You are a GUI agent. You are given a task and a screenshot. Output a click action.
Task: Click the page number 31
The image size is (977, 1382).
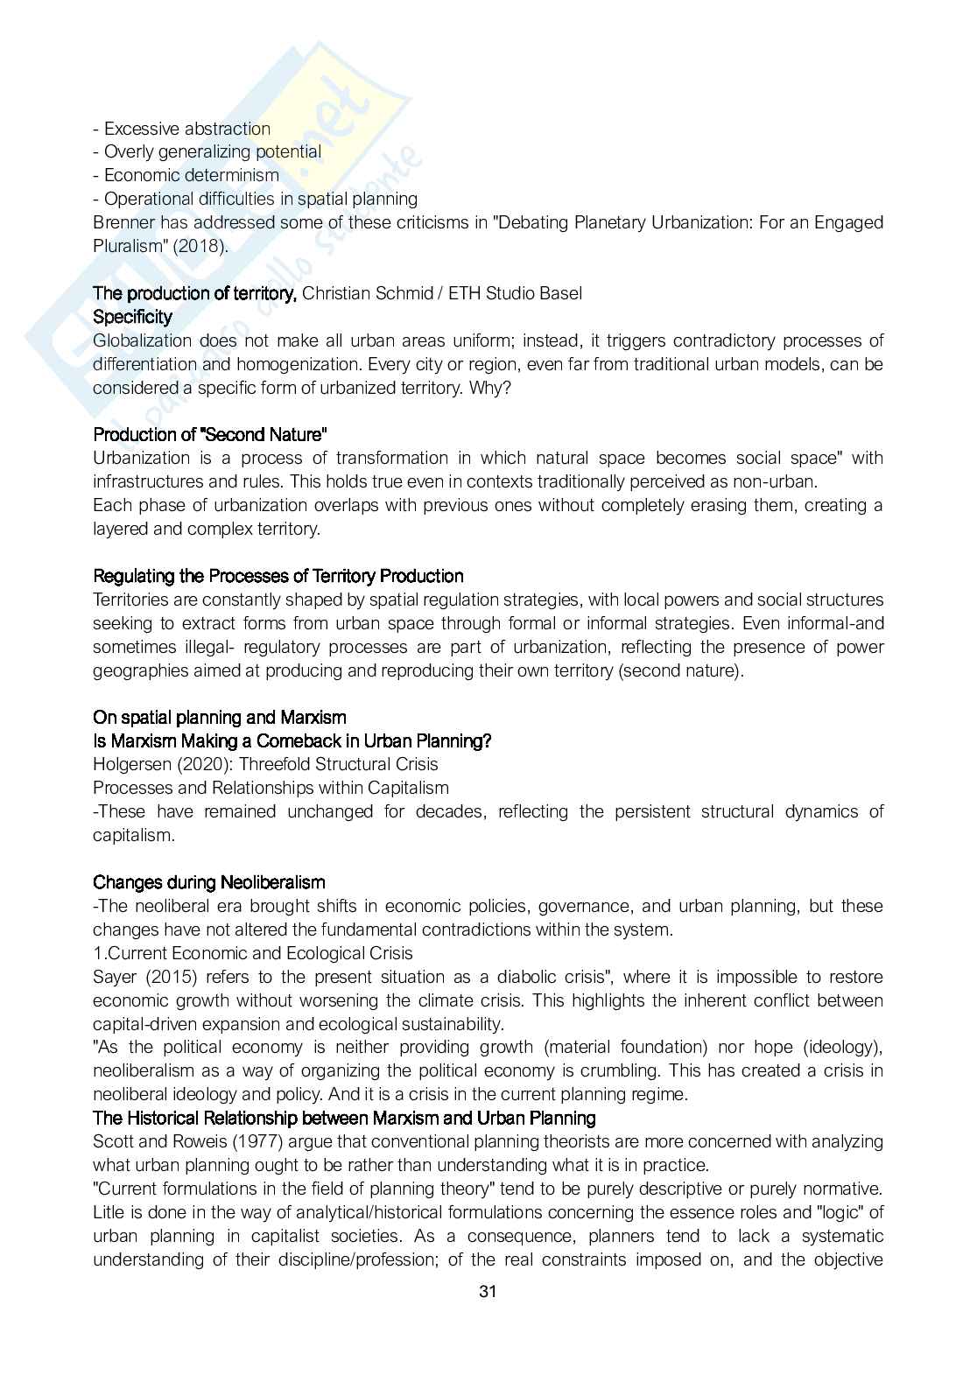coord(488,1291)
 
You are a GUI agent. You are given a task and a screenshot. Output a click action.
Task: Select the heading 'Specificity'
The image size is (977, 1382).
coord(132,317)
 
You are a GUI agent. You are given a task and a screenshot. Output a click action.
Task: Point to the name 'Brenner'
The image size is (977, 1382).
coord(123,222)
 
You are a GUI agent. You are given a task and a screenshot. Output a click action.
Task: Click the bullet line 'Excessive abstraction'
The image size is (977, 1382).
coord(182,129)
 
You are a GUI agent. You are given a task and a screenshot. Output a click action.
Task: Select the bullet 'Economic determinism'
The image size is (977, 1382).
coord(186,175)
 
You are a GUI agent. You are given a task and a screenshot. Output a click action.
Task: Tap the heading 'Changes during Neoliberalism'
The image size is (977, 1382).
coord(208,882)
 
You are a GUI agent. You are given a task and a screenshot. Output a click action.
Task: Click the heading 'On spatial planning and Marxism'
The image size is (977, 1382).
coord(219,718)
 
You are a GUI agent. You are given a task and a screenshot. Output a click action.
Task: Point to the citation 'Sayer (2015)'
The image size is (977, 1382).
coord(142,977)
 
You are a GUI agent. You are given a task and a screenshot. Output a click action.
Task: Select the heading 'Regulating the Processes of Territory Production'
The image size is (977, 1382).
coord(278,576)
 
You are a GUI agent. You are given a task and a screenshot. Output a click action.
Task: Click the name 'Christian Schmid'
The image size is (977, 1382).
coord(368,293)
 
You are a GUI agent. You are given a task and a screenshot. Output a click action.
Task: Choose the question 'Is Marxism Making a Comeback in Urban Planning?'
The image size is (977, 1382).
coord(292,741)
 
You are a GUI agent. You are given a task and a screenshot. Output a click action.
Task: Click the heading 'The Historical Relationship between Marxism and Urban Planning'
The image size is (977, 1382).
coord(344,1119)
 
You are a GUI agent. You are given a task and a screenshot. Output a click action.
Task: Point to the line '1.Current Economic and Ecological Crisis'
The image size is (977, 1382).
coord(253,953)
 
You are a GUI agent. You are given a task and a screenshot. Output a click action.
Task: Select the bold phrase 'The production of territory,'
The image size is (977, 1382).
coord(195,293)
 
